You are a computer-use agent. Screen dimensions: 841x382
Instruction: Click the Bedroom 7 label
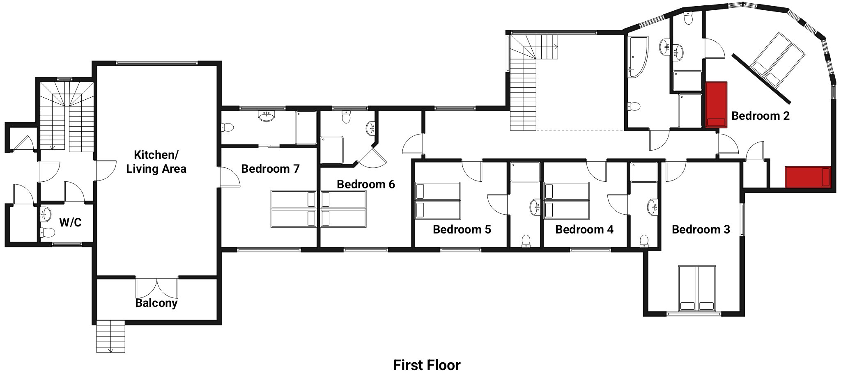click(x=270, y=169)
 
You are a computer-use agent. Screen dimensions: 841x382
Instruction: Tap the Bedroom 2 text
click(x=760, y=116)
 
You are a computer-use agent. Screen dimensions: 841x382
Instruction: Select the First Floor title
click(x=427, y=365)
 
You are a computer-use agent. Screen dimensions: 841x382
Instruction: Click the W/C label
click(x=70, y=222)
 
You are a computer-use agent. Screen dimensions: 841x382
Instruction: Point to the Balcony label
click(x=156, y=303)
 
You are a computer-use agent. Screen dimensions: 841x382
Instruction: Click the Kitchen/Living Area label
click(x=156, y=162)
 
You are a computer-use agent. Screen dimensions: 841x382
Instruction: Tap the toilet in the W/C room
click(x=48, y=233)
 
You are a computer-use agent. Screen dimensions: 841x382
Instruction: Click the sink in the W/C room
click(x=46, y=214)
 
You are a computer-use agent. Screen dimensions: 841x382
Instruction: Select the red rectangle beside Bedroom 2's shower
click(x=716, y=105)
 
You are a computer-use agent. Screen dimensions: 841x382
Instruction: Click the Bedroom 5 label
click(x=462, y=229)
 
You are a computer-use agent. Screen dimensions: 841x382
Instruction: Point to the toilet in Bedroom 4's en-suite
click(x=644, y=241)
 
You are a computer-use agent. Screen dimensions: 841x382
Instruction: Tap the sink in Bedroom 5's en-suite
click(x=535, y=207)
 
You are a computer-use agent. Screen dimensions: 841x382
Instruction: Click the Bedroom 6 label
click(x=365, y=184)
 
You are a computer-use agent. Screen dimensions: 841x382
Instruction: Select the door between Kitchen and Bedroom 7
click(x=229, y=177)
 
